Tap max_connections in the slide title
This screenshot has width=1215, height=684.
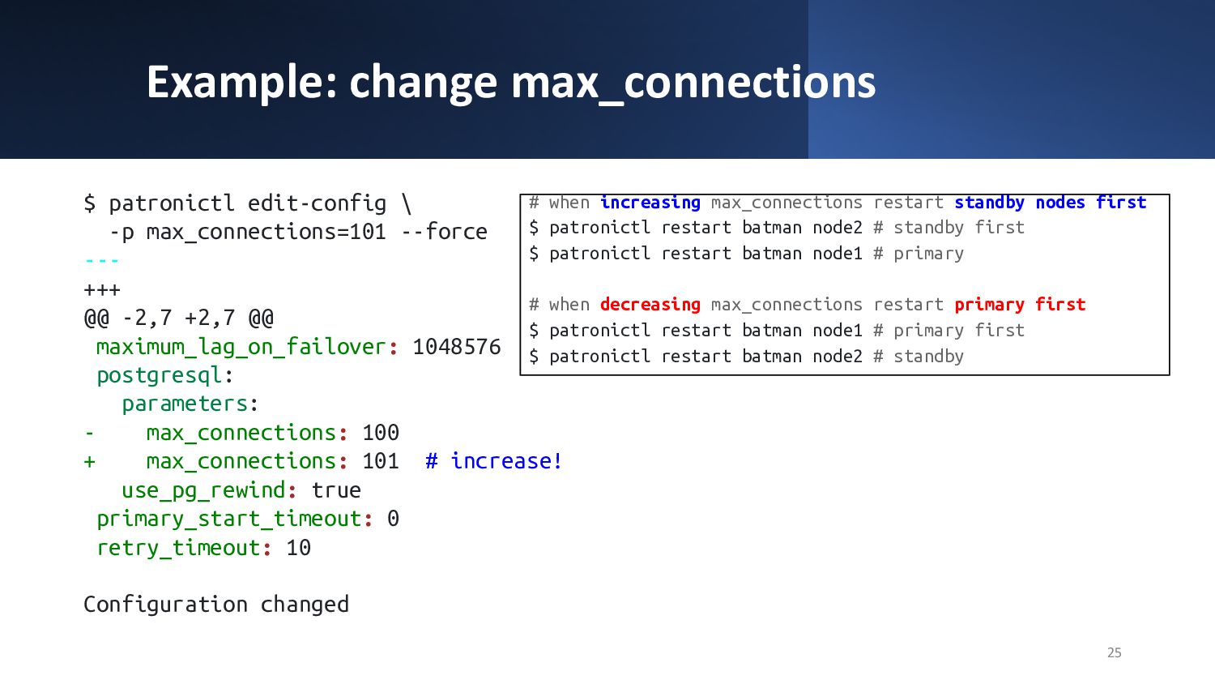coord(693,83)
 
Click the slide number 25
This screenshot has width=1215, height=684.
coord(1114,652)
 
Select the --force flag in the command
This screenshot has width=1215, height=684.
coord(444,232)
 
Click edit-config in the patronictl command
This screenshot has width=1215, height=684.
coord(318,203)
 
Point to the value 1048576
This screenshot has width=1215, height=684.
coord(457,347)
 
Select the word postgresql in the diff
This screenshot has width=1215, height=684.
coord(160,376)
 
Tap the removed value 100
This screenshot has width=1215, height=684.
coord(381,433)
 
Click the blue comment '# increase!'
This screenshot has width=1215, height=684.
coord(493,461)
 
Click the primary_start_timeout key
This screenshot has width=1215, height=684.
coord(229,519)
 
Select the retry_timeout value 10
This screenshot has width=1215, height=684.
coord(298,548)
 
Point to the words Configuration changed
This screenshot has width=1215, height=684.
coord(216,605)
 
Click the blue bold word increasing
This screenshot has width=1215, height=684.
coord(650,203)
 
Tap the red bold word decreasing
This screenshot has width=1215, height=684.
coord(650,305)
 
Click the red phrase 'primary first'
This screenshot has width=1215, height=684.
coord(1020,305)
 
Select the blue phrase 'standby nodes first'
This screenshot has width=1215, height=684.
coord(1051,203)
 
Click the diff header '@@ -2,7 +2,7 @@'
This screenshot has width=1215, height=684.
coord(179,318)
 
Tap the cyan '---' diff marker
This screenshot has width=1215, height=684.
coord(102,261)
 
